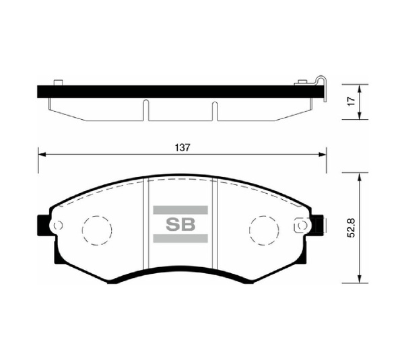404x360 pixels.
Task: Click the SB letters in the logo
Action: point(180,225)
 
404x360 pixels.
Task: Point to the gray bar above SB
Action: point(180,210)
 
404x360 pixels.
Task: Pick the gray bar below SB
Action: point(180,239)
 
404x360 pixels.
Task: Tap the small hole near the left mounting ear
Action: point(57,225)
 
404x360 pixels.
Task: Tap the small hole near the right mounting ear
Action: point(303,225)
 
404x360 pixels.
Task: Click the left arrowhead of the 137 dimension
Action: point(41,155)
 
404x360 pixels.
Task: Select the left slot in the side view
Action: point(145,111)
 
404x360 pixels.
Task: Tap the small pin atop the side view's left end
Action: point(58,83)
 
